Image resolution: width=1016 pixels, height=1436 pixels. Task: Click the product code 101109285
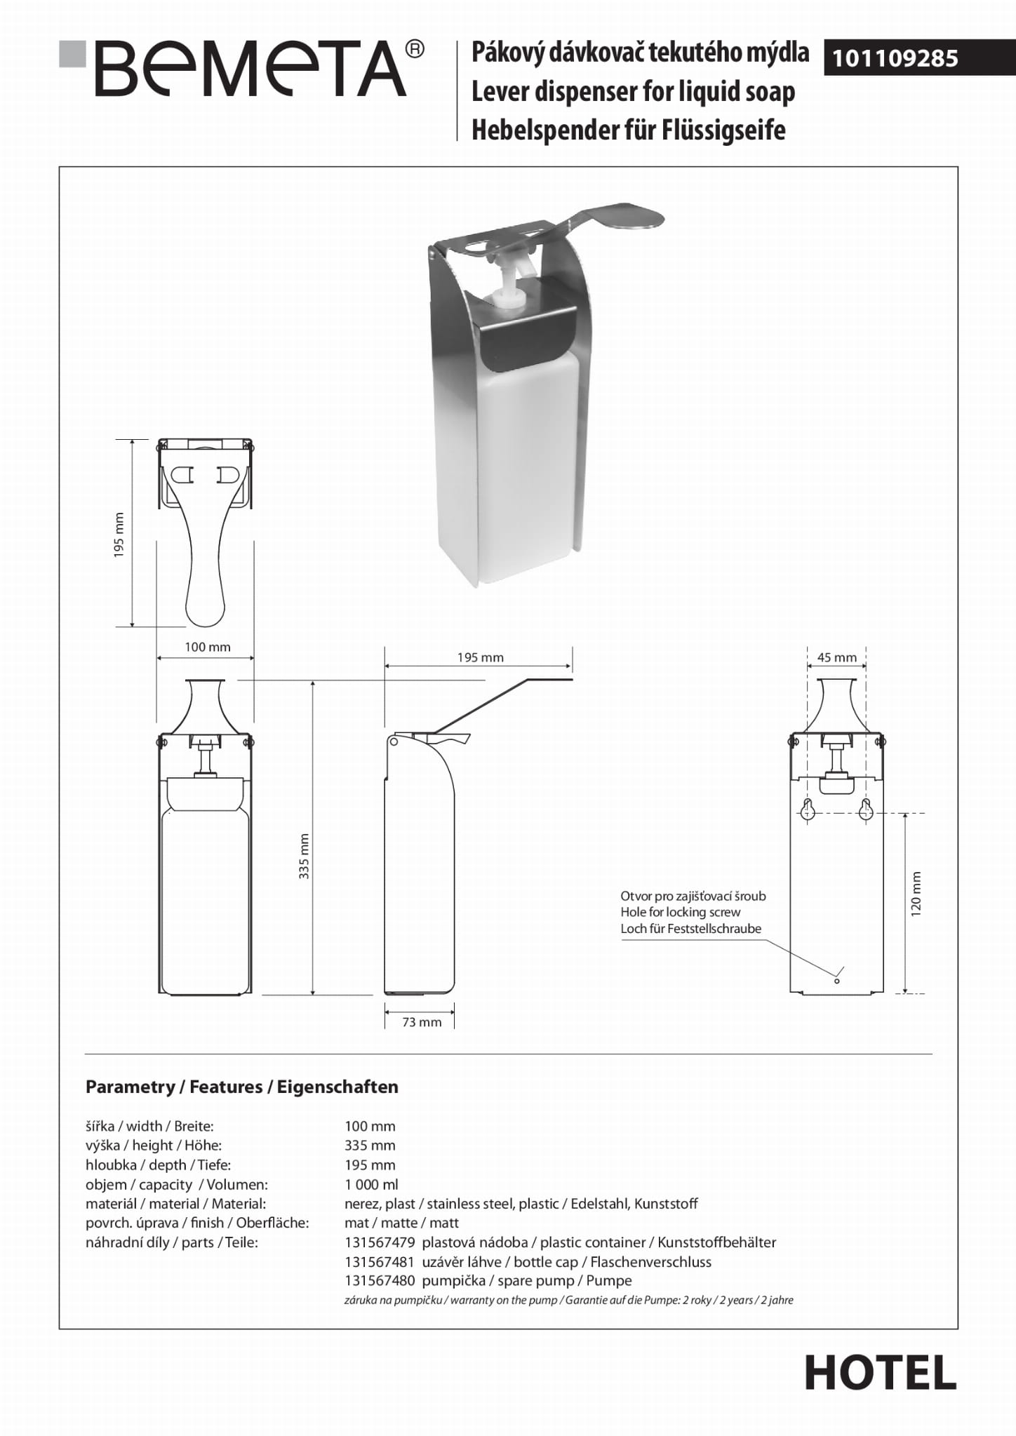[895, 58]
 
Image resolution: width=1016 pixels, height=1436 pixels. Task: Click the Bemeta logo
[242, 69]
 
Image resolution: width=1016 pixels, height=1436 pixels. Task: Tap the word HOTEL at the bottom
[880, 1373]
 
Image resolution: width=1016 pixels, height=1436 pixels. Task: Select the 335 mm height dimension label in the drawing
[304, 856]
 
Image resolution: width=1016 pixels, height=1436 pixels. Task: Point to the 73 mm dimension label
[422, 1022]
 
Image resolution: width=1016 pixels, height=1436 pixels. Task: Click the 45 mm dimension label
[836, 657]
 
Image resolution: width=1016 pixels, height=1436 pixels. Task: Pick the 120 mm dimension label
[915, 894]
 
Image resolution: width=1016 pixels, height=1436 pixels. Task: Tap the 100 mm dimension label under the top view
[207, 647]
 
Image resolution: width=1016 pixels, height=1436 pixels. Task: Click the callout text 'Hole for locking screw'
[680, 912]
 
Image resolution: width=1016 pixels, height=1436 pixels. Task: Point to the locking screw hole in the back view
[836, 981]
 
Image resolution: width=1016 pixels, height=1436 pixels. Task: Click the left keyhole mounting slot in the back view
[808, 810]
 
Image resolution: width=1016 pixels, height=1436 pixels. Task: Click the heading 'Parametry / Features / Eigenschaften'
[241, 1087]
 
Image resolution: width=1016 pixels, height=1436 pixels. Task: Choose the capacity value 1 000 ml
[371, 1184]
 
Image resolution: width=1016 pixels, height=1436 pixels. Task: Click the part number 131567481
[380, 1262]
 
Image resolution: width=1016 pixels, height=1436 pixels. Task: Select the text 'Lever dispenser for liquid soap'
[633, 92]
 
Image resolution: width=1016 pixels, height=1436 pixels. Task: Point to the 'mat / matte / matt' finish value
[401, 1223]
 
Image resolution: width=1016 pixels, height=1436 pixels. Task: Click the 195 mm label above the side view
[480, 657]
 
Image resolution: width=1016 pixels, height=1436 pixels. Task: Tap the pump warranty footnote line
[568, 1300]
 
